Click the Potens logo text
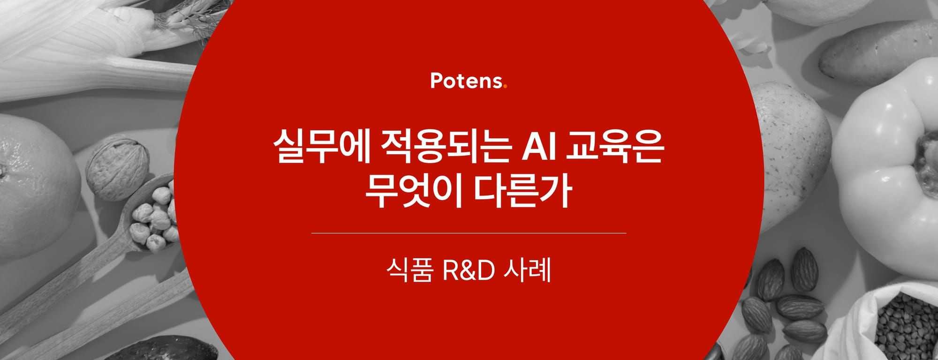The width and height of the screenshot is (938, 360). pyautogui.click(x=466, y=81)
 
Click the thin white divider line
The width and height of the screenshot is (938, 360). pyautogui.click(x=469, y=232)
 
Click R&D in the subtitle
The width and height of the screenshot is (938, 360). pyautogui.click(x=469, y=272)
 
